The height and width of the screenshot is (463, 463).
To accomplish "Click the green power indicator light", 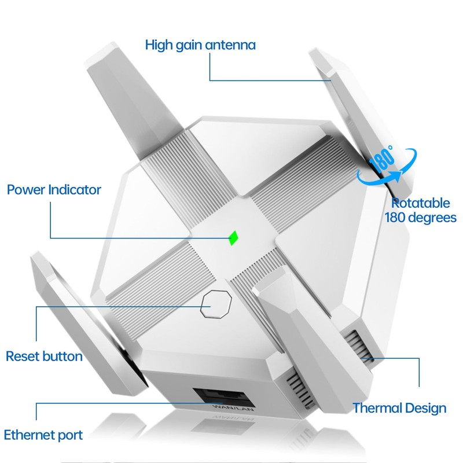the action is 234,238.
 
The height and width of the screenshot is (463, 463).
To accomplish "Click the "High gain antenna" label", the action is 200,45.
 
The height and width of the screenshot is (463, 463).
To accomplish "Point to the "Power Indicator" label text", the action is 54,189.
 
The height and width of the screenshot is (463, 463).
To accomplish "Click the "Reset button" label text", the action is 44,356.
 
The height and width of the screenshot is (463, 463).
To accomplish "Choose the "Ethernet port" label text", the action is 43,435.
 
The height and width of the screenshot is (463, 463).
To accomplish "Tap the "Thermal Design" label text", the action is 399,408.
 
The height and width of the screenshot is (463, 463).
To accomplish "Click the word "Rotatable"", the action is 420,203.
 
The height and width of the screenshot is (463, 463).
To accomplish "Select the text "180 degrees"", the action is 420,218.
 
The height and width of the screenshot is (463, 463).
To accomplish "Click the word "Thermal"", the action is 377,408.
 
